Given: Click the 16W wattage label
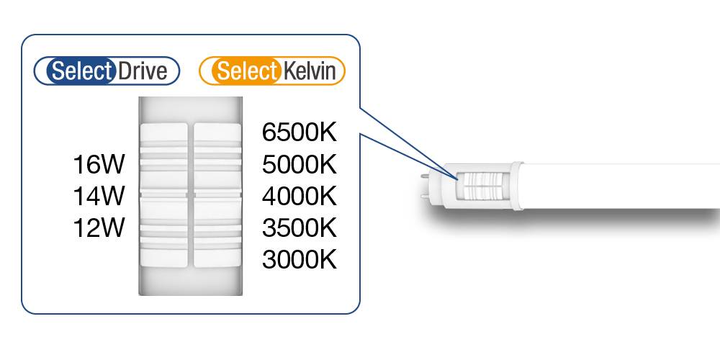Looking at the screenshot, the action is point(99,164).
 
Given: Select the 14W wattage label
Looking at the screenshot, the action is point(99,196).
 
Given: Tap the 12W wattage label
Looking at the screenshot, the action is point(99,228).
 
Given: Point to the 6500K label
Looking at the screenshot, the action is point(300,132).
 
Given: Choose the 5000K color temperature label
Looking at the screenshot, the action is point(300,164).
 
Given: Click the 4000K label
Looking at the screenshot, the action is point(300,196).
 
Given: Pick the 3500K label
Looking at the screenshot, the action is point(300,228).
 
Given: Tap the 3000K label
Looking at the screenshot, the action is point(300,259).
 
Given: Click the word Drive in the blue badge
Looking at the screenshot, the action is point(143,71).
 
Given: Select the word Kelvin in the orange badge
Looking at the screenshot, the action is point(310,71).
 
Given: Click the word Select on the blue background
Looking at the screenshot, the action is point(82,71).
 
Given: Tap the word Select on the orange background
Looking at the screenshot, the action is point(248,71).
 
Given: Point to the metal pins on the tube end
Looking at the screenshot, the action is point(424,186).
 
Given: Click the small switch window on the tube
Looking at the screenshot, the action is point(480,186).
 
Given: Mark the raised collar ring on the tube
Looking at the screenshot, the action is point(518,186).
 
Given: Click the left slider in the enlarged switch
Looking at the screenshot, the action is point(163,196).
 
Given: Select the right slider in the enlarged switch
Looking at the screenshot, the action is point(217,196).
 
